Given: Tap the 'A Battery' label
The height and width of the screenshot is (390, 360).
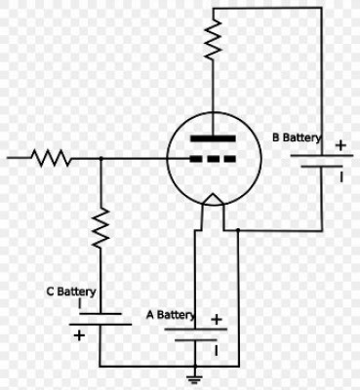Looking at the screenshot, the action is pos(171,315).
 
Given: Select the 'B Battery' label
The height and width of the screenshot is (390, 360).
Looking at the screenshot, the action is pos(297,137).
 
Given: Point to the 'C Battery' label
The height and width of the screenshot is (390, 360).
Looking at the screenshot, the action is pos(71,292).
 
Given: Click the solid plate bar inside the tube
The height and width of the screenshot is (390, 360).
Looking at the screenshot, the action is pos(213,138).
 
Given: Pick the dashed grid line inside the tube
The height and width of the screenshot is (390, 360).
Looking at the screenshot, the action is pos(213,159).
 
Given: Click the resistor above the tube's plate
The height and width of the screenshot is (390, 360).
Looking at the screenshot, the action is pos(213,39).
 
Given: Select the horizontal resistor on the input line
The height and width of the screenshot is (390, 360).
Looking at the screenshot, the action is pos(51,158).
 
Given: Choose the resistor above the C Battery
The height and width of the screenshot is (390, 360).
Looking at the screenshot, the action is pos(100,228).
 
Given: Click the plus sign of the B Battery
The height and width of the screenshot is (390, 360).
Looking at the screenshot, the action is pos(340,145).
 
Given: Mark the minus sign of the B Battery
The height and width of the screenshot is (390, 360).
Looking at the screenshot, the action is pos(341,177).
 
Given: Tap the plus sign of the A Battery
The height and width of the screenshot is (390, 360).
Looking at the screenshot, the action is pos(217,320).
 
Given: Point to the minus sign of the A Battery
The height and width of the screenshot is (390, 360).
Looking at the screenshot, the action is pos(216,351).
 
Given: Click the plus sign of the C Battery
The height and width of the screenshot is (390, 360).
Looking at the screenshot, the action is pos(79,335).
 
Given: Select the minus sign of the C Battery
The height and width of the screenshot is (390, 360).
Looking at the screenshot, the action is pos(80,303).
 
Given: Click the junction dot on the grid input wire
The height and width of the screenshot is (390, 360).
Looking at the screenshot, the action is pos(100,159).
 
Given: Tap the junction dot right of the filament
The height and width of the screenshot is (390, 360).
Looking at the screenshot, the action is pos(238,230).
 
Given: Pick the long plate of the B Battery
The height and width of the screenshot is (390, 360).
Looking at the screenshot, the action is pos(321,155).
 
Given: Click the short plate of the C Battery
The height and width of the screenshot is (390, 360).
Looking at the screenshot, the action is pos(100,314).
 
